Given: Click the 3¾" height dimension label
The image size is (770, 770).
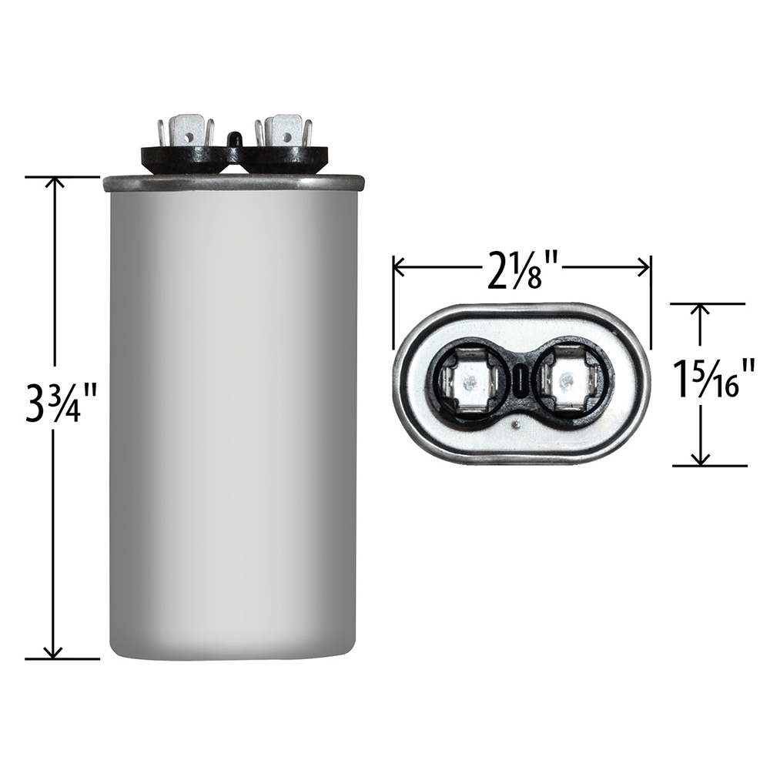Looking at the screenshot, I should (53, 406).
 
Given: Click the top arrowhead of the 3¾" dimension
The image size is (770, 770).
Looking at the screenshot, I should (53, 182).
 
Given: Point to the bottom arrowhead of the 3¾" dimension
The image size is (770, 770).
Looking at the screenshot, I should (53, 653).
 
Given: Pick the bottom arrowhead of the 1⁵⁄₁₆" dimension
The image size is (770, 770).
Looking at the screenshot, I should (700, 460).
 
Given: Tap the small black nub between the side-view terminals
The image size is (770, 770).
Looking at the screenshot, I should (233, 139).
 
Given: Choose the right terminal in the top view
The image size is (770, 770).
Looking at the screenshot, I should (568, 381).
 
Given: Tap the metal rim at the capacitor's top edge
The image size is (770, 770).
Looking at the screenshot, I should (233, 182).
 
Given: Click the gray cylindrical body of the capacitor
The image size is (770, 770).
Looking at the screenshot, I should (233, 423).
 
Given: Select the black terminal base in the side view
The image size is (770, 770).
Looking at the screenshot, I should (233, 157).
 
